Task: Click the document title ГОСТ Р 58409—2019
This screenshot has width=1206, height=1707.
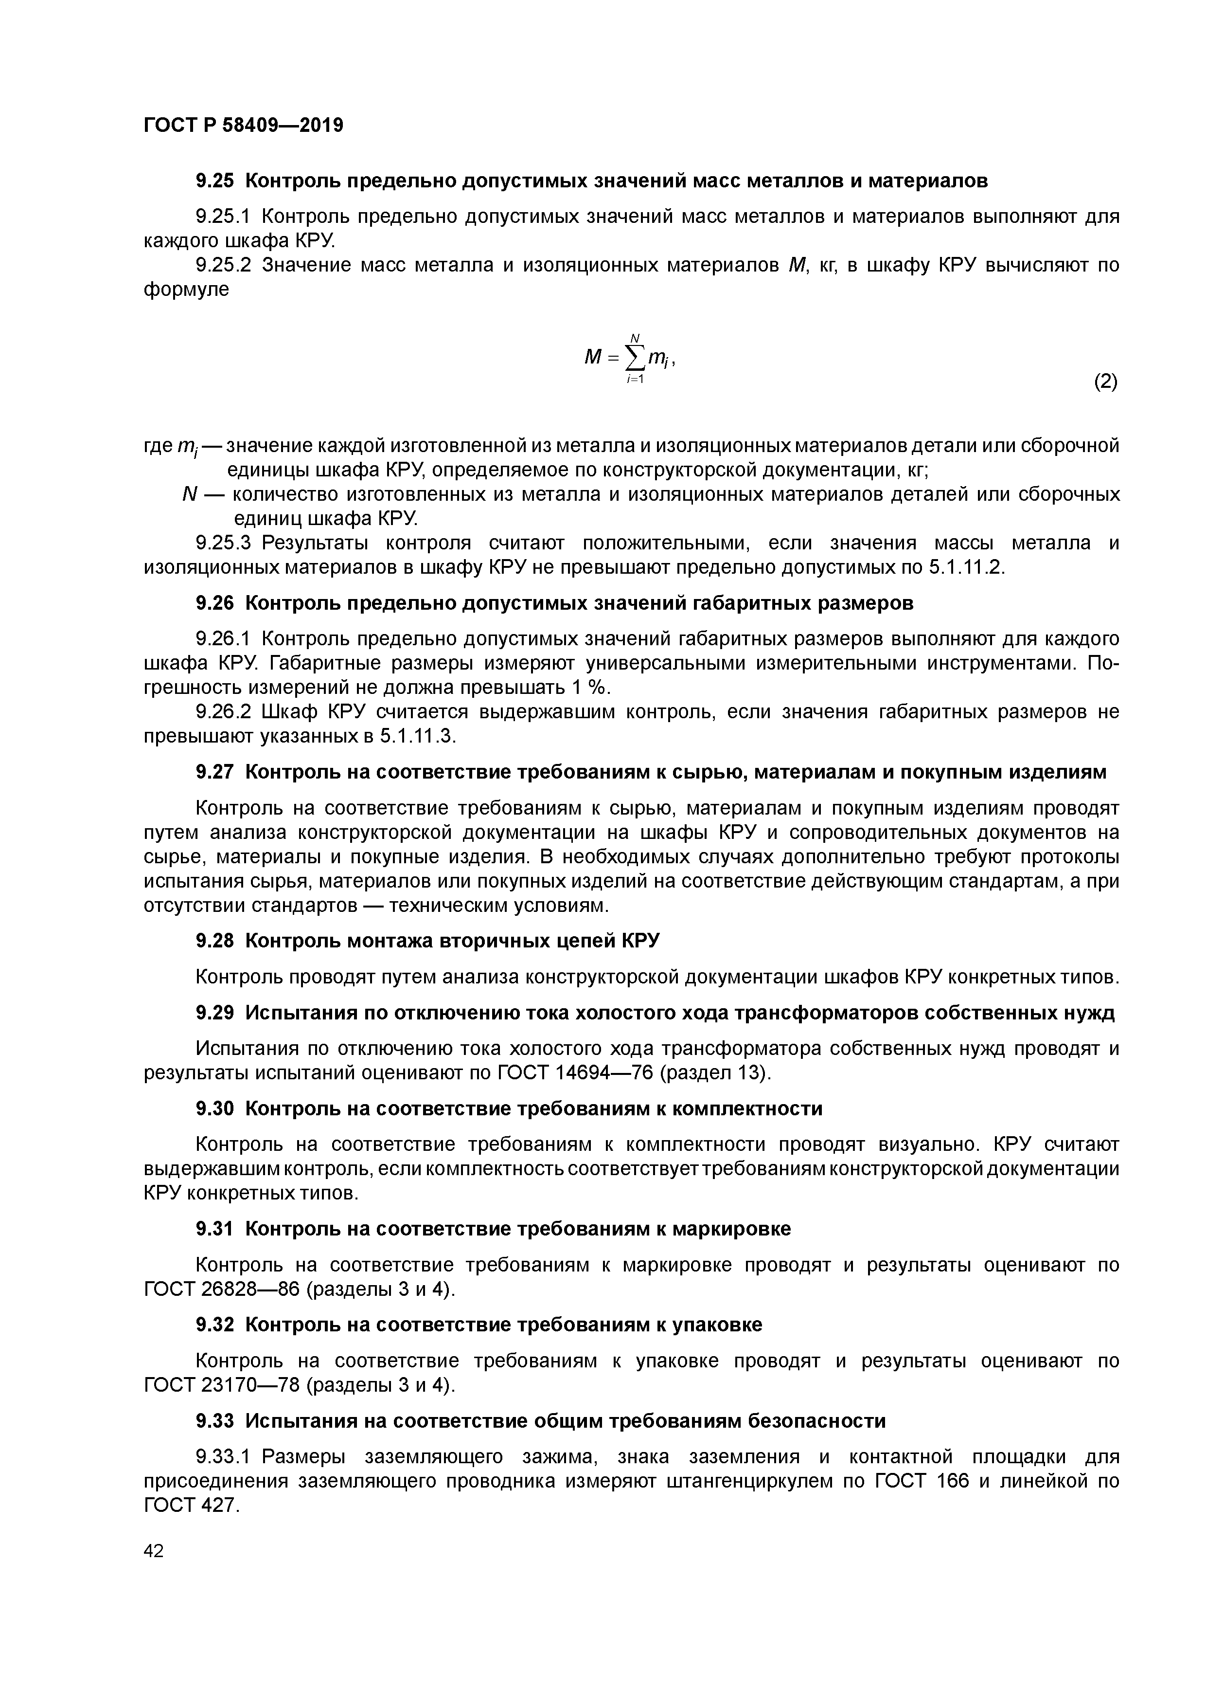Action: pos(243,125)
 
